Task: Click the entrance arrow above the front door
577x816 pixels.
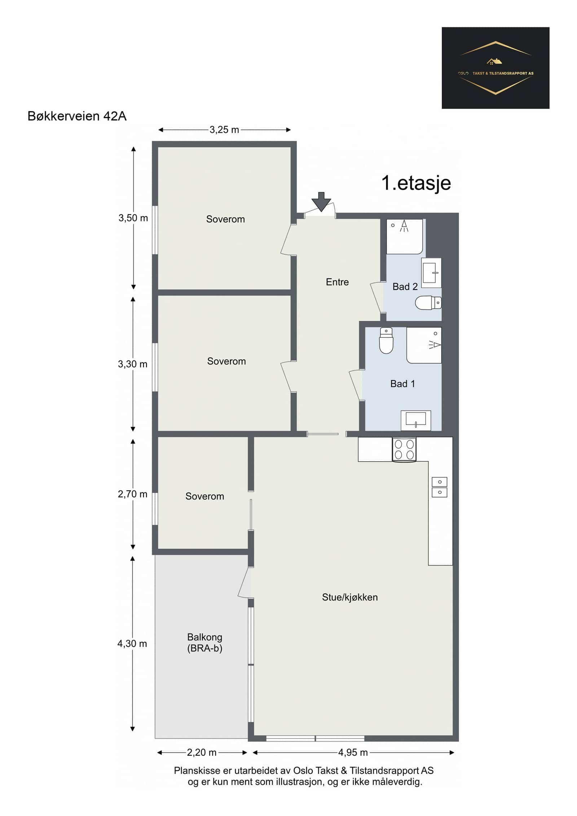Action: [x=321, y=202]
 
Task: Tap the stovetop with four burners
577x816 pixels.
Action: [x=404, y=449]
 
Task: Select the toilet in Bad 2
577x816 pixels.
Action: [x=428, y=303]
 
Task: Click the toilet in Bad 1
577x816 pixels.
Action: [x=386, y=340]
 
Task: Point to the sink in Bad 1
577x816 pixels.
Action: [x=416, y=420]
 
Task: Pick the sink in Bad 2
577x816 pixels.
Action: [x=431, y=273]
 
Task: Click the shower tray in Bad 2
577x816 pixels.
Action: [x=405, y=237]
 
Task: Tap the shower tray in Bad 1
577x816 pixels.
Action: [x=424, y=345]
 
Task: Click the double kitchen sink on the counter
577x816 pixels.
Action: [x=439, y=487]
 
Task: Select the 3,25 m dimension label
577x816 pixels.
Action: [x=224, y=130]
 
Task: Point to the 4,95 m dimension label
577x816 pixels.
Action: [x=353, y=753]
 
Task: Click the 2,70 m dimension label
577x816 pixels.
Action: [x=133, y=494]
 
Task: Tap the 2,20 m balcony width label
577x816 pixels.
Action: [x=202, y=753]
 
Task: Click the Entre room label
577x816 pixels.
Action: [x=337, y=282]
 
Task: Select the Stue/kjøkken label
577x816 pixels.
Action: [x=350, y=597]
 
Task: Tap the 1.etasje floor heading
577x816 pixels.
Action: [x=416, y=183]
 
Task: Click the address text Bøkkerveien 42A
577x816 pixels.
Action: [x=77, y=116]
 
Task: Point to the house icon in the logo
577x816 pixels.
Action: [x=494, y=61]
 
